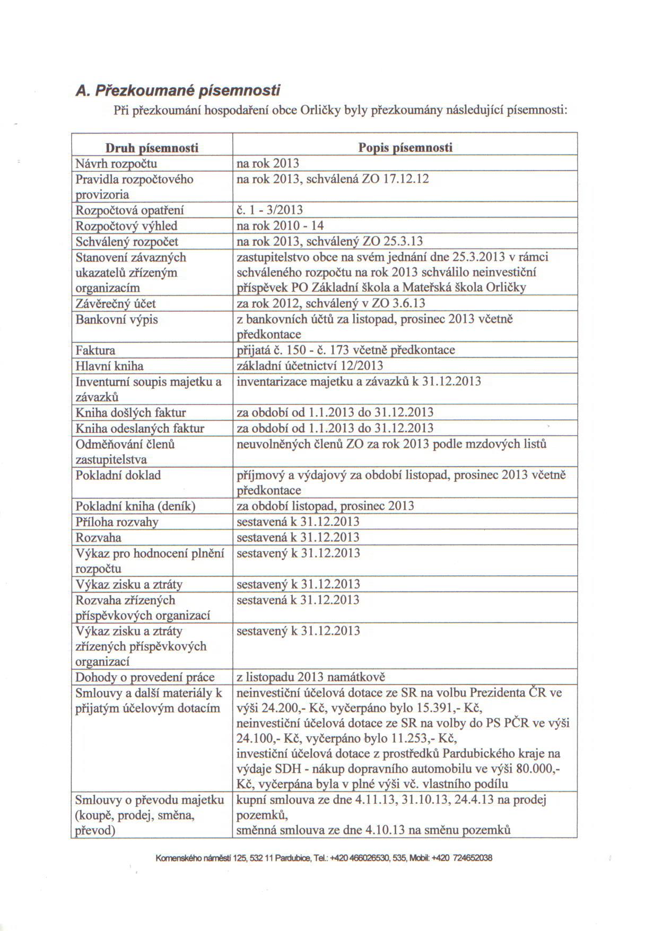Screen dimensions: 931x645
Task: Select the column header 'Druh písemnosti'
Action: pos(152,147)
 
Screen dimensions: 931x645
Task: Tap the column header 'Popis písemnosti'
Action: pos(405,147)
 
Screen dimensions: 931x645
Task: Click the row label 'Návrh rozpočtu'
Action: pos(116,163)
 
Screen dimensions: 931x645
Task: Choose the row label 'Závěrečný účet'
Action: pos(116,304)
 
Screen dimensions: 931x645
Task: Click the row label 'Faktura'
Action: pos(95,351)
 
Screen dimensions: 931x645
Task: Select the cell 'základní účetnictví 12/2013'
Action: pos(310,366)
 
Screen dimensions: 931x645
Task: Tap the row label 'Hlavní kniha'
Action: pos(109,366)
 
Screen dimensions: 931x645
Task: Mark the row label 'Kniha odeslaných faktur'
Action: pos(140,429)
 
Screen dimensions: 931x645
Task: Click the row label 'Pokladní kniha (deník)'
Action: pos(136,507)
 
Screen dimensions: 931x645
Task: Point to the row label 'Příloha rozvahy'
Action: pos(117,522)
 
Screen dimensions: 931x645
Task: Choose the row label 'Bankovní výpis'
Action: pos(117,320)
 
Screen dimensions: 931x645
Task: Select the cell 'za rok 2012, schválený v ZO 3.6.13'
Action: pos(331,304)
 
